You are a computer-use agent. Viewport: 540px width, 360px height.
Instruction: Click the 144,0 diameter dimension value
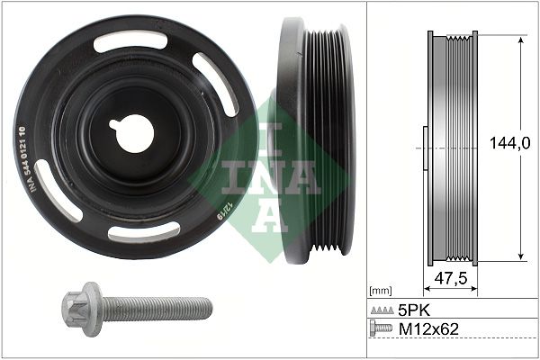click(509, 143)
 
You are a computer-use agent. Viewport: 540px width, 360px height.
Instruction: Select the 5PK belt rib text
click(415, 311)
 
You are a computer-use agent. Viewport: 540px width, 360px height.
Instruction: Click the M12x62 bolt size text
click(428, 329)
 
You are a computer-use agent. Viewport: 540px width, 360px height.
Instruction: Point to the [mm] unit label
click(380, 291)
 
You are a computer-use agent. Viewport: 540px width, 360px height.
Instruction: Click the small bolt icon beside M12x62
click(381, 328)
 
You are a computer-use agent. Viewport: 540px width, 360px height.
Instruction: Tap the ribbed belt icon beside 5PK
click(382, 310)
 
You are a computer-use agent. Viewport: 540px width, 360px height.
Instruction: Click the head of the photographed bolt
click(82, 309)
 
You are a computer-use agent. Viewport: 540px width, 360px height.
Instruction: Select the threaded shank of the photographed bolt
click(157, 309)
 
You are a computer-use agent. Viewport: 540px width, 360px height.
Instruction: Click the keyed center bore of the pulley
click(132, 133)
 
